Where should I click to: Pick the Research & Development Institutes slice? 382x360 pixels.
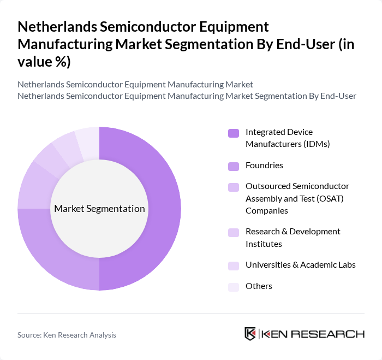(x=47, y=161)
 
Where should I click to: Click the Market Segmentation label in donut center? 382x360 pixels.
(x=99, y=209)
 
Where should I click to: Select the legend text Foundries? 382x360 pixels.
(x=264, y=166)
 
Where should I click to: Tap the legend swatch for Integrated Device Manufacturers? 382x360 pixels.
(x=234, y=133)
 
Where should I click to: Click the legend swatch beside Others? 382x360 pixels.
(x=234, y=286)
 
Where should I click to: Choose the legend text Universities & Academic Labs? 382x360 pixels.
(x=300, y=265)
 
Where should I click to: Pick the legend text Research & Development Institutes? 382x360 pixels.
(x=293, y=238)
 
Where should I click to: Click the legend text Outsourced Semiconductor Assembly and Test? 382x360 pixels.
(x=297, y=198)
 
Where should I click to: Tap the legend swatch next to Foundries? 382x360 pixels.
(x=234, y=166)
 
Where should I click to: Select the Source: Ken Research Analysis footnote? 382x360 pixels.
(x=67, y=335)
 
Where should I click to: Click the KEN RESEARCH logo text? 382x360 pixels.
(x=313, y=334)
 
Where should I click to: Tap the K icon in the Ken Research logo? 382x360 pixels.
(x=250, y=334)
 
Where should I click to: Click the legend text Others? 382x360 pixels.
(x=259, y=286)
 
